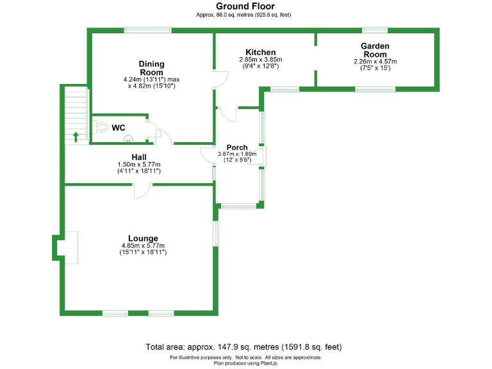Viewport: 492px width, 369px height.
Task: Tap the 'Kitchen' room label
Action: pos(261,52)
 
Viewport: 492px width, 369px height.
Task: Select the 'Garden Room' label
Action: pos(375,50)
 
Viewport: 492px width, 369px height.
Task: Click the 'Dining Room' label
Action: pos(152,68)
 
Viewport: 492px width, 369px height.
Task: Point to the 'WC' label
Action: pos(119,127)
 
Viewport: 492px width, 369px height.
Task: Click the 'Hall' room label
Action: pos(139,157)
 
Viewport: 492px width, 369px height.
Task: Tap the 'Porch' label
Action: pos(237,147)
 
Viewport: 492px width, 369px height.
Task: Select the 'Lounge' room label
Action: pos(143,238)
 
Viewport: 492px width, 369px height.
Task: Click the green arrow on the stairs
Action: pos(76,136)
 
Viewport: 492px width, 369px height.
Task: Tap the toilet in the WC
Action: pos(101,127)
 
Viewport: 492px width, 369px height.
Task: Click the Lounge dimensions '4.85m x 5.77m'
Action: pos(143,246)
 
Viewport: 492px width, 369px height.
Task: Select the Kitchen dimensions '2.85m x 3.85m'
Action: pos(261,59)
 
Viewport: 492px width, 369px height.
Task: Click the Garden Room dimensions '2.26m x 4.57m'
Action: pos(375,61)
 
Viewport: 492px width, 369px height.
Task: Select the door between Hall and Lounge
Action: pos(142,190)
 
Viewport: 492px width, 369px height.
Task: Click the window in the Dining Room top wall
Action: pos(147,29)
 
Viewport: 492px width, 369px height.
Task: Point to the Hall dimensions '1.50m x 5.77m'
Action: pos(139,165)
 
